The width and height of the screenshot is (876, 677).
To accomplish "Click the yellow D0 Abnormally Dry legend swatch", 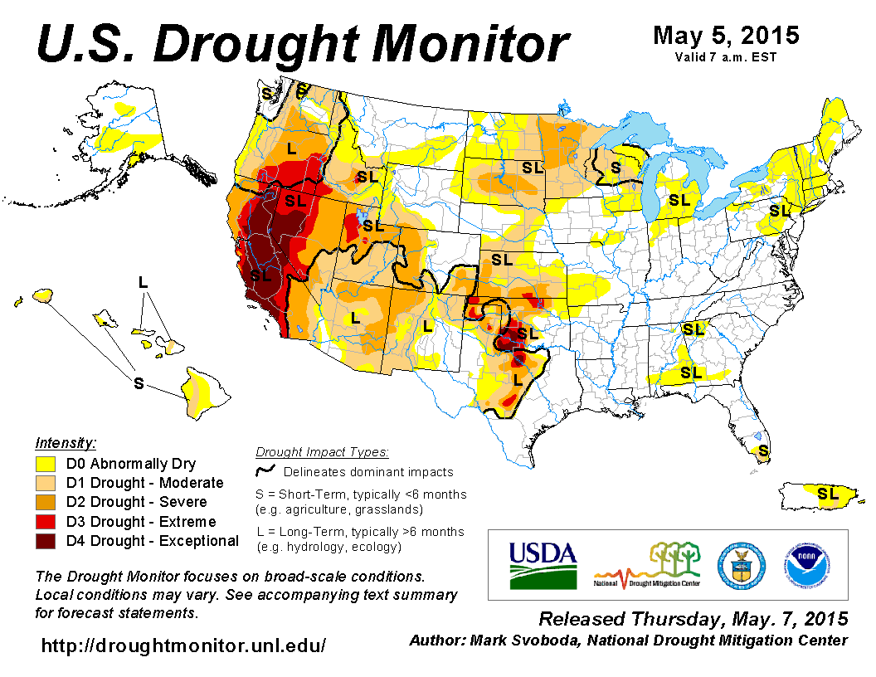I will pos(46,464).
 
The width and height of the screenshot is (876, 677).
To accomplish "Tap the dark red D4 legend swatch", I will pos(46,541).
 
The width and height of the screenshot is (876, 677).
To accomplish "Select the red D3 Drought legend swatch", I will pos(46,522).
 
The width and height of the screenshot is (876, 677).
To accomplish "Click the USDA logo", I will pos(543,565).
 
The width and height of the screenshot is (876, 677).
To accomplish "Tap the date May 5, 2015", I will pos(726,36).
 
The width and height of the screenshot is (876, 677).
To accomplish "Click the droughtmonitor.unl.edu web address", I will pos(183,645).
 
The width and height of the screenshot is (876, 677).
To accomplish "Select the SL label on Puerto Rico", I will pos(827,494).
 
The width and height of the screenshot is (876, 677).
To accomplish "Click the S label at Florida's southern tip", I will pos(763,451).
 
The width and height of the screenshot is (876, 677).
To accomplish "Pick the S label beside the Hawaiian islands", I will pos(139,382).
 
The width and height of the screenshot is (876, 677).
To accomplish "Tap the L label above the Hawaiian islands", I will pos(144,283).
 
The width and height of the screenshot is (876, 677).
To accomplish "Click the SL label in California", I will pos(260,275).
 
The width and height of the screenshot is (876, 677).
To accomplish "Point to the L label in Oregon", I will pos(291,149).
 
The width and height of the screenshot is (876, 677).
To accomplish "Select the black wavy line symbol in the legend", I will pos(265,471).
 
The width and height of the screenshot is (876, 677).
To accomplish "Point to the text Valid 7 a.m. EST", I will pos(726,57).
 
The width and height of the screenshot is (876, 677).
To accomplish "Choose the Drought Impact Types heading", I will pos(322,452).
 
